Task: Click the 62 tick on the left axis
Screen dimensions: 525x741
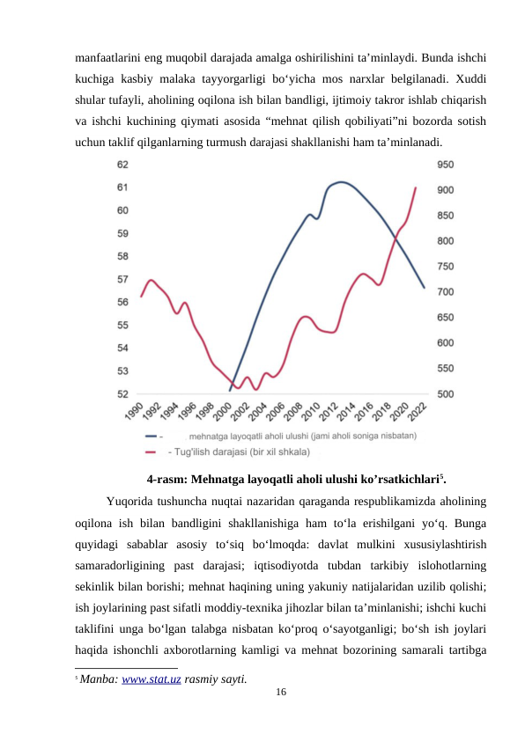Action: (122, 165)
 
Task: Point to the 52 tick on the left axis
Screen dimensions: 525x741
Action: (122, 393)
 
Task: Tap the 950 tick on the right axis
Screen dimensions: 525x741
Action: (447, 165)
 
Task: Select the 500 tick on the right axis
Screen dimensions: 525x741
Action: (447, 393)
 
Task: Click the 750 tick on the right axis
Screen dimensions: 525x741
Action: (447, 266)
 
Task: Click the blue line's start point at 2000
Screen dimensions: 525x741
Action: (230, 390)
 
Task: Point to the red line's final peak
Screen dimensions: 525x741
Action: (416, 187)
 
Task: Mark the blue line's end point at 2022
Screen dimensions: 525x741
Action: (424, 288)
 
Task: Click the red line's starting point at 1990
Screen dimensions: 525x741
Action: (142, 297)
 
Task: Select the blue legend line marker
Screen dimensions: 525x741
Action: (152, 435)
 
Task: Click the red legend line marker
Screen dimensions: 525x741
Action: (152, 452)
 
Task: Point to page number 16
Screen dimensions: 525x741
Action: (280, 695)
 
